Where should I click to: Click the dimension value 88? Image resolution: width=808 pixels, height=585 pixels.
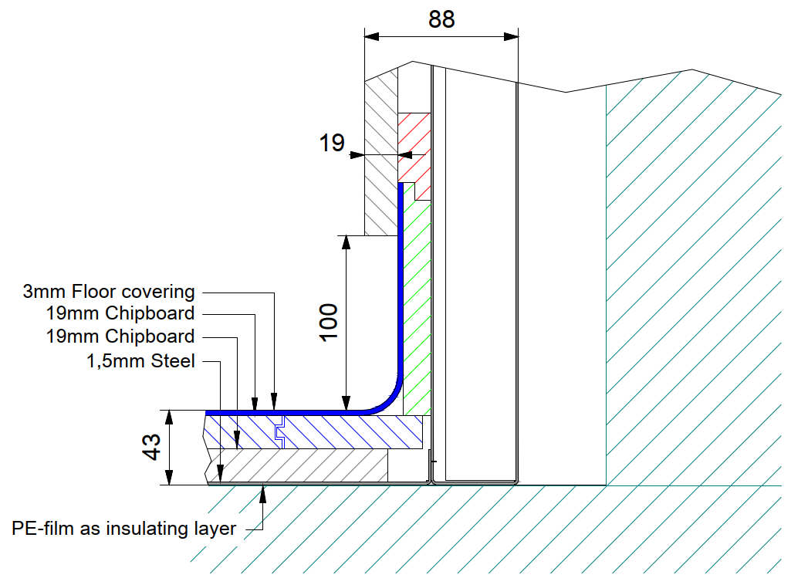[x=441, y=19]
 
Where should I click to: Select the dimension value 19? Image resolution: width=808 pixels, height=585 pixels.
[x=331, y=143]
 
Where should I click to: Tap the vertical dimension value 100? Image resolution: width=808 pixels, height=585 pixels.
[x=328, y=322]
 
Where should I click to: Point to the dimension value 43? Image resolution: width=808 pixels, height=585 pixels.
[x=151, y=447]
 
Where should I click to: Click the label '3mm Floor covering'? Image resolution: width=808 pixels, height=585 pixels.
[x=109, y=292]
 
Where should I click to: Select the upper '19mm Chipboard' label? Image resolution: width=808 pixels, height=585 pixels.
[x=120, y=313]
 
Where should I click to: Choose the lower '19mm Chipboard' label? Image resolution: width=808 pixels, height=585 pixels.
[x=120, y=336]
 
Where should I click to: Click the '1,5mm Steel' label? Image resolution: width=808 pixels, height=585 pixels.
[x=140, y=360]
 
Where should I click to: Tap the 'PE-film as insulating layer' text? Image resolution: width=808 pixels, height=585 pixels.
[x=123, y=529]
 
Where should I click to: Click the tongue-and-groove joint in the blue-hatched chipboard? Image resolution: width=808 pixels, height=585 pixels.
[x=280, y=432]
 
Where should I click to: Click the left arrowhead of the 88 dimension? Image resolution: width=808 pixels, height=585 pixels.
[x=371, y=36]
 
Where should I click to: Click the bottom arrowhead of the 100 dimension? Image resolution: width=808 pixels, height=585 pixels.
[x=347, y=403]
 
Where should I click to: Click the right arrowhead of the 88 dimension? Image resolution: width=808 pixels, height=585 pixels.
[x=511, y=36]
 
